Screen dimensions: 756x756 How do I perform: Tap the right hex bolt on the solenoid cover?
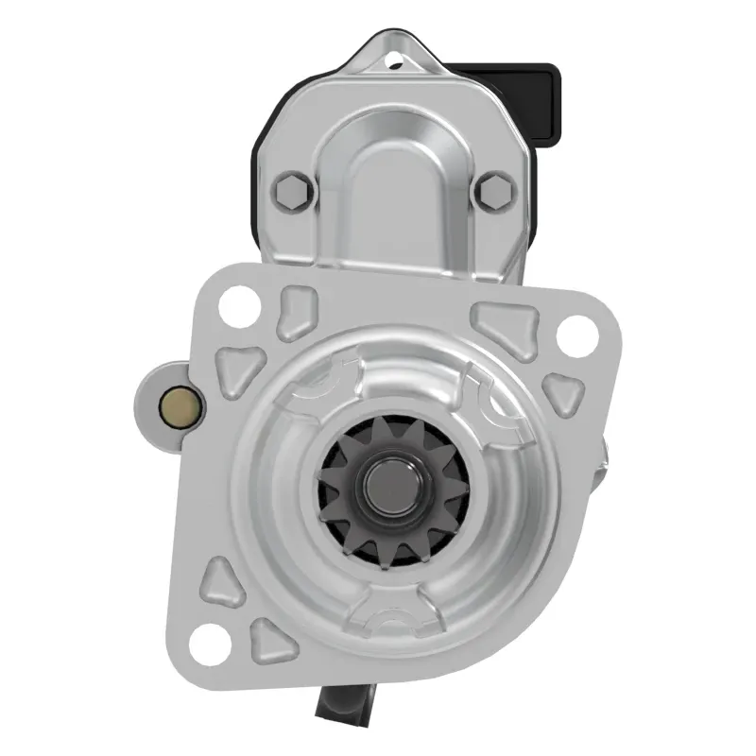(492, 192)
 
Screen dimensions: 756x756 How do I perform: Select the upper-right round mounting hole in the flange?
(572, 333)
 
